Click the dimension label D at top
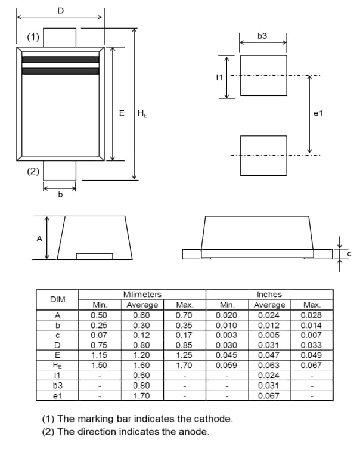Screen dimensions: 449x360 [60, 10]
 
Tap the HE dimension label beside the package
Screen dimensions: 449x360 [142, 113]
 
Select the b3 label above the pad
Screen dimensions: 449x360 [262, 36]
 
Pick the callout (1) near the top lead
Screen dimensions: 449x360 [33, 37]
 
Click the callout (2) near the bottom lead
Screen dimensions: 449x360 [33, 171]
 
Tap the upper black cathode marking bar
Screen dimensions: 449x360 [60, 59]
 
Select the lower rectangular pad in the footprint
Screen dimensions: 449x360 [263, 156]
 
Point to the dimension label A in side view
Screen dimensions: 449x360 [39, 239]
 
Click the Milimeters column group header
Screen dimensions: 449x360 [142, 295]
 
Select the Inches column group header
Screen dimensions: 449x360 [269, 295]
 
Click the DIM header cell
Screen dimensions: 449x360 [58, 299]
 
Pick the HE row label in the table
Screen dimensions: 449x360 [58, 365]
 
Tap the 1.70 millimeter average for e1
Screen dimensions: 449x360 [142, 395]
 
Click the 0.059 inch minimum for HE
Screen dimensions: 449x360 [227, 365]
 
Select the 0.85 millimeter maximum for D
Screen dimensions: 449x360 [185, 345]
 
